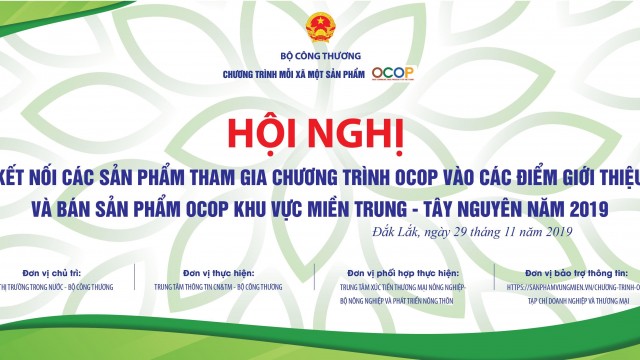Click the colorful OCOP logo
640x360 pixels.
click(393, 73)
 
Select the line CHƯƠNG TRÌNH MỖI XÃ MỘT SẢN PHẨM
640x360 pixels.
click(294, 74)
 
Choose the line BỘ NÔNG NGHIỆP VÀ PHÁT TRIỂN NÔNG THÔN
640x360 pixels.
click(392, 299)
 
